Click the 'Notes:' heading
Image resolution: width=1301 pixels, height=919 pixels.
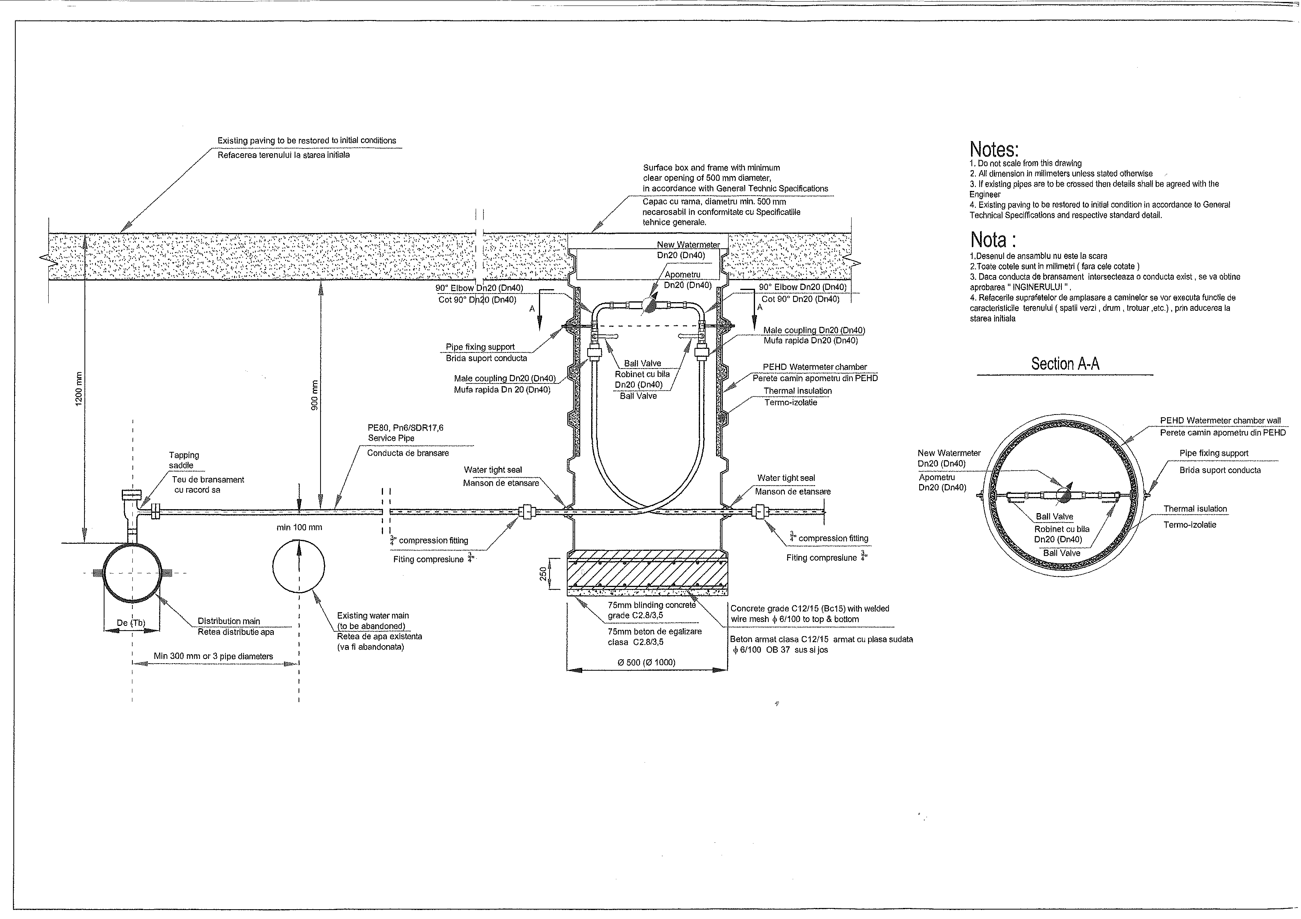tap(994, 150)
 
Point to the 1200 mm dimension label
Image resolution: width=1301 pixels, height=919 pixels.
tap(79, 388)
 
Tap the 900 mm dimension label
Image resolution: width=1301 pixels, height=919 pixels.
tap(315, 394)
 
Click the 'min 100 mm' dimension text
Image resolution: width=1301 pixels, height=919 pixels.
tap(299, 527)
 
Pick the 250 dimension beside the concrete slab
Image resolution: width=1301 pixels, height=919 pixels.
tap(543, 575)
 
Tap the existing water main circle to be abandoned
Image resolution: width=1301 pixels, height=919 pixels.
tap(299, 566)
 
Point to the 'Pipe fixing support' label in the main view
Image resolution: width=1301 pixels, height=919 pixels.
tap(480, 347)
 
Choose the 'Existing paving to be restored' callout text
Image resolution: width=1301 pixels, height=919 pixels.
tap(306, 141)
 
